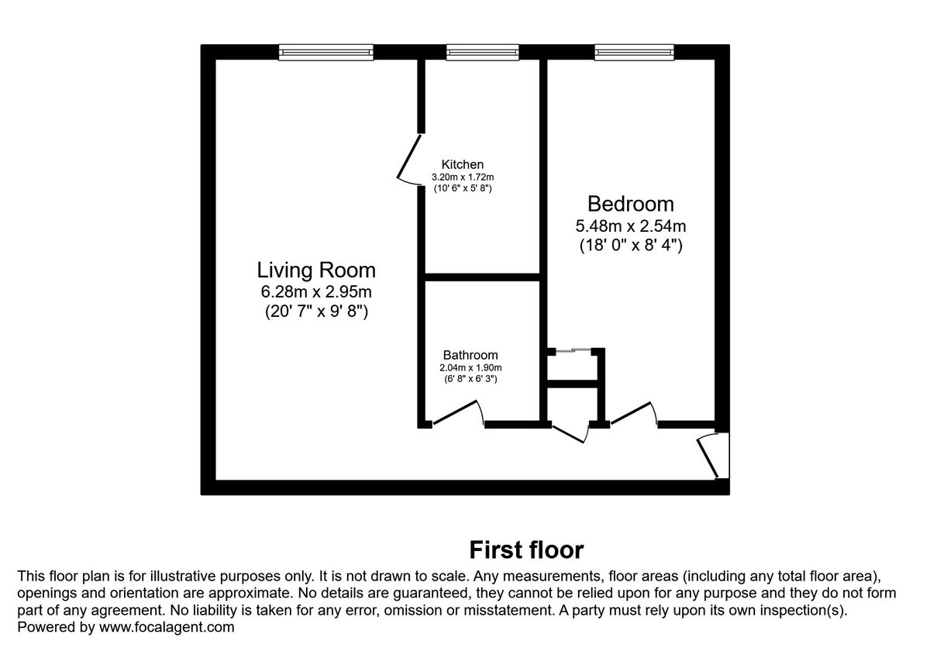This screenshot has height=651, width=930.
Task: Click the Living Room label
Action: (x=316, y=270)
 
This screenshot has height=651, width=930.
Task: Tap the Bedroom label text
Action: (x=630, y=204)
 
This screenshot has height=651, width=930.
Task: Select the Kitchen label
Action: (x=463, y=164)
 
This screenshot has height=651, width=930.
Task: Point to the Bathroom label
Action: (x=470, y=355)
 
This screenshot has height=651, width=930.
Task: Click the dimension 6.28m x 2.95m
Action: (x=316, y=292)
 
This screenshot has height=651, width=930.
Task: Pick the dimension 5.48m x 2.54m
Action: (x=630, y=226)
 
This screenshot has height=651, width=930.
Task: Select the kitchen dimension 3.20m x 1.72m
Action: (x=463, y=177)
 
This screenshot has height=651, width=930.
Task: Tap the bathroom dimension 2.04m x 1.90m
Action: (x=470, y=367)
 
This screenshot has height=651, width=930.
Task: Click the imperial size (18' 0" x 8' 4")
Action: (x=630, y=246)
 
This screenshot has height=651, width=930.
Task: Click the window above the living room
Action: (x=326, y=52)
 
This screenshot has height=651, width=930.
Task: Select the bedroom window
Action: (x=634, y=52)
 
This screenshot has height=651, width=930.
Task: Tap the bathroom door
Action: (x=458, y=412)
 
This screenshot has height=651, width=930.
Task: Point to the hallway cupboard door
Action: (x=568, y=433)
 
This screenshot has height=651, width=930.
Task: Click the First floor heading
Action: (x=526, y=549)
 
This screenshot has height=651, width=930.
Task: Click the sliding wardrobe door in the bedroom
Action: (x=573, y=351)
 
